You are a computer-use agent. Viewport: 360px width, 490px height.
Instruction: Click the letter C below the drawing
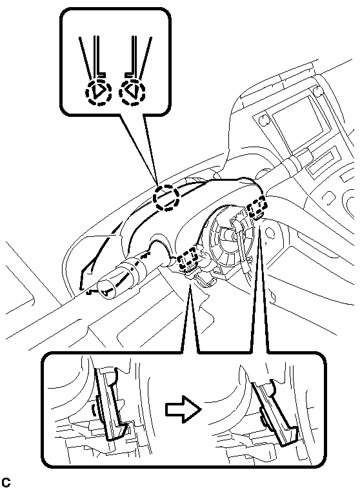coord(6,482)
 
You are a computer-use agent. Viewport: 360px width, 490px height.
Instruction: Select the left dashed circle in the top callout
coord(99,92)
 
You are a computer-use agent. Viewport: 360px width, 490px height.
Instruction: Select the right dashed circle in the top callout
coord(132,92)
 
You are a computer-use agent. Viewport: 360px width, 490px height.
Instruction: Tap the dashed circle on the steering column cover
coord(166,198)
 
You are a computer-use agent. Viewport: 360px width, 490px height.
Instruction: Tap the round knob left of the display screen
coord(264,119)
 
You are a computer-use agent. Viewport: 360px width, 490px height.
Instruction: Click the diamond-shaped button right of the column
coord(328,196)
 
